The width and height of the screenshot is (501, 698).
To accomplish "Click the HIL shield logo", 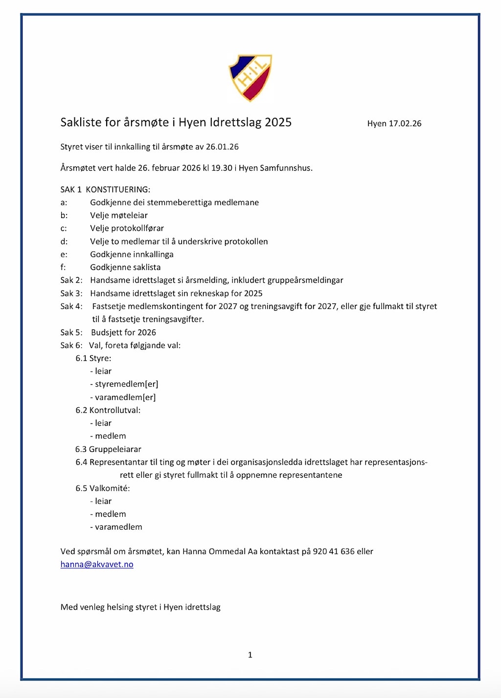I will click(250, 77).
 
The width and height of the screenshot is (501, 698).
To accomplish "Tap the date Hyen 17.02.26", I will click(394, 123).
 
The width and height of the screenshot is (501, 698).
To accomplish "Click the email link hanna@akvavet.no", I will click(97, 564).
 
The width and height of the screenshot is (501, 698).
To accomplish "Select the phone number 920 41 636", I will click(334, 551).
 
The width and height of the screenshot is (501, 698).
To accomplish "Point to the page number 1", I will click(250, 654).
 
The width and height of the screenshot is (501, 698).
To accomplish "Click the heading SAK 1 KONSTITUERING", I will click(105, 189).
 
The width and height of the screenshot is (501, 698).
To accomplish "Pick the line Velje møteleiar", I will click(119, 215).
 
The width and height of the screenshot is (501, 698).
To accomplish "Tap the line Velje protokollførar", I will click(127, 228).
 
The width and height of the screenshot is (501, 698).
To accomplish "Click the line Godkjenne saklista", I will click(125, 267).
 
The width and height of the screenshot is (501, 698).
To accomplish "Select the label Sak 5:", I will click(71, 332).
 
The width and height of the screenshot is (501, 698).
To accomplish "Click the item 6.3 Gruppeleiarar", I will click(108, 449).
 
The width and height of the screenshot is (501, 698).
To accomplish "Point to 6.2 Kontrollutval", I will click(108, 410).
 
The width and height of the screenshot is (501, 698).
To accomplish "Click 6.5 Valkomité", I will click(102, 488).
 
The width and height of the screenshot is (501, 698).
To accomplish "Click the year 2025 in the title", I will click(278, 122).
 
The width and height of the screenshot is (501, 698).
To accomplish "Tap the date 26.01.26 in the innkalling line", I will click(222, 147).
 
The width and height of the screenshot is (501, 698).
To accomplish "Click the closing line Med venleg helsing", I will click(140, 607).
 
